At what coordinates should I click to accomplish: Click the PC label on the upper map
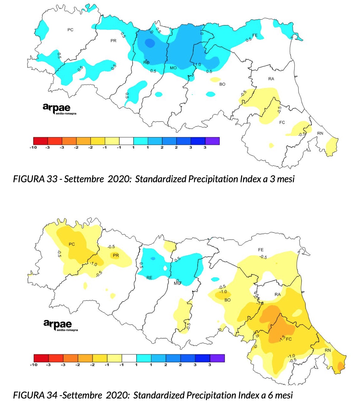pos(70,30)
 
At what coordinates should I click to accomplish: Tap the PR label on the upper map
pos(113,41)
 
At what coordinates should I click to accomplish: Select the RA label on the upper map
pos(271,79)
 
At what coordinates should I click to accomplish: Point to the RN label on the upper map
pos(320,133)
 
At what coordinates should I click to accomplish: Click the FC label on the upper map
pos(282,122)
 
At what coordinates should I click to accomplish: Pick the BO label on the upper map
pos(222,84)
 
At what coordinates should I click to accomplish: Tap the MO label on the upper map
pos(173,68)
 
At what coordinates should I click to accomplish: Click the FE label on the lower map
pos(261,250)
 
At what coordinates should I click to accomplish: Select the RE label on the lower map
pos(149,277)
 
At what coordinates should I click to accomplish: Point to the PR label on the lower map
pos(116,255)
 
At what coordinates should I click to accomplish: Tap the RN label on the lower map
pos(328,350)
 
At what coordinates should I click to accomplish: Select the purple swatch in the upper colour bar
pos(212,141)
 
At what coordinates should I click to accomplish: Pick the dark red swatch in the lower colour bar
pos(41,358)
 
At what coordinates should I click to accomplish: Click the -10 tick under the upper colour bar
pos(33,147)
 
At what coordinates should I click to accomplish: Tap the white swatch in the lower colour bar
pos(129,358)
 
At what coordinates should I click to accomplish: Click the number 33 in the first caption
pos(52,179)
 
